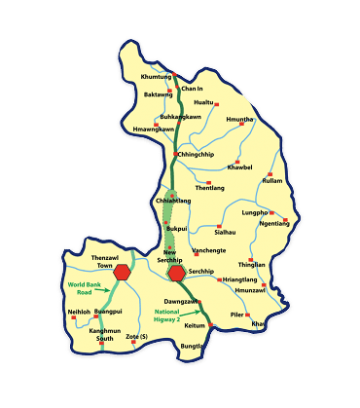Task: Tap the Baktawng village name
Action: coord(158,94)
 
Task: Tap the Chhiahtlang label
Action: coord(172,202)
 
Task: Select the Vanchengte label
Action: coord(208,250)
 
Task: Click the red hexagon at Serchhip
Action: coord(176,272)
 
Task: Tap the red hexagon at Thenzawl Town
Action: coord(122,272)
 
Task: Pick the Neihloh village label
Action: coord(79,312)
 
